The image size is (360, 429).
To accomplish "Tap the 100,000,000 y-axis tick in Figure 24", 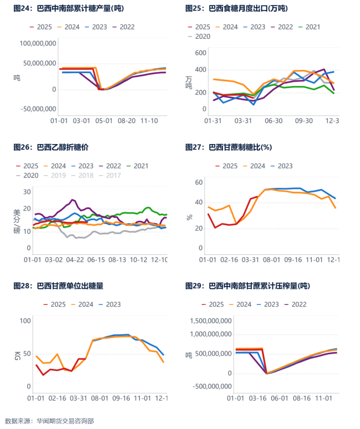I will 38,43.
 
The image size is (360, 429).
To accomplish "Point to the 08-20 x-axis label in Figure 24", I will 128,120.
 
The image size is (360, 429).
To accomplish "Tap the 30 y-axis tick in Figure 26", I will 27,192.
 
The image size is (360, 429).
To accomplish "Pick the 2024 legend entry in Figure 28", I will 82,304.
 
